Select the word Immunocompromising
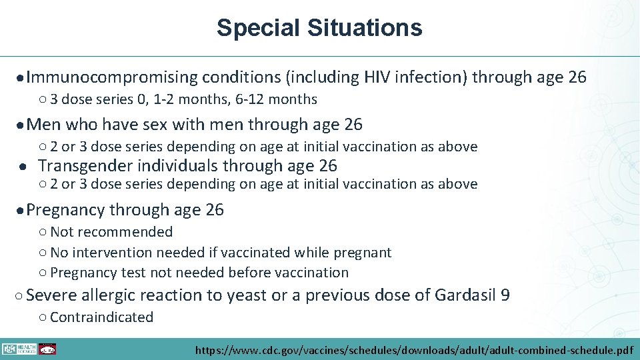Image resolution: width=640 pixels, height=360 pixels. (113, 77)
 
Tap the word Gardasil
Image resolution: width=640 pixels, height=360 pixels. (465, 295)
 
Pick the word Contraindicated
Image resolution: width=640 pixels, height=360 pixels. (101, 317)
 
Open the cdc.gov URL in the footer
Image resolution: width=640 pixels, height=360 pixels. (413, 349)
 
